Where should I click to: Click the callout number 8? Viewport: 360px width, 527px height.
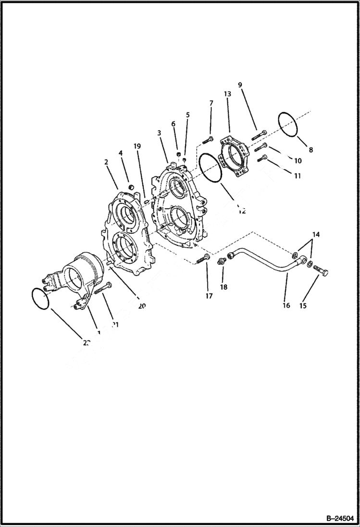pyautogui.click(x=310, y=149)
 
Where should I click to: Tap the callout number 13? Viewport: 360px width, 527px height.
pyautogui.click(x=227, y=94)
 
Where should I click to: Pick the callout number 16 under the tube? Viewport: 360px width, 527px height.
pyautogui.click(x=286, y=306)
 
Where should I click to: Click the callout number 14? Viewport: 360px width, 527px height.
pyautogui.click(x=315, y=234)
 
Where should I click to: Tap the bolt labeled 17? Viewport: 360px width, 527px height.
pyautogui.click(x=202, y=260)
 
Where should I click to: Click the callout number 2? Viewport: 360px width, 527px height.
pyautogui.click(x=106, y=162)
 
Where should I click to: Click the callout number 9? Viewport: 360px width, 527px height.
pyautogui.click(x=240, y=85)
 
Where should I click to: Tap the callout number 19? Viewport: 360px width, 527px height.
pyautogui.click(x=137, y=146)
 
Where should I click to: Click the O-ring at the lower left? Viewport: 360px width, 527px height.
pyautogui.click(x=41, y=299)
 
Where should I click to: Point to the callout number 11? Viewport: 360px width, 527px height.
pyautogui.click(x=297, y=176)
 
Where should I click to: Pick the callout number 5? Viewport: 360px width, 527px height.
pyautogui.click(x=187, y=115)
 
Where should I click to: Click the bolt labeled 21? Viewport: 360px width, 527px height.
pyautogui.click(x=103, y=288)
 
